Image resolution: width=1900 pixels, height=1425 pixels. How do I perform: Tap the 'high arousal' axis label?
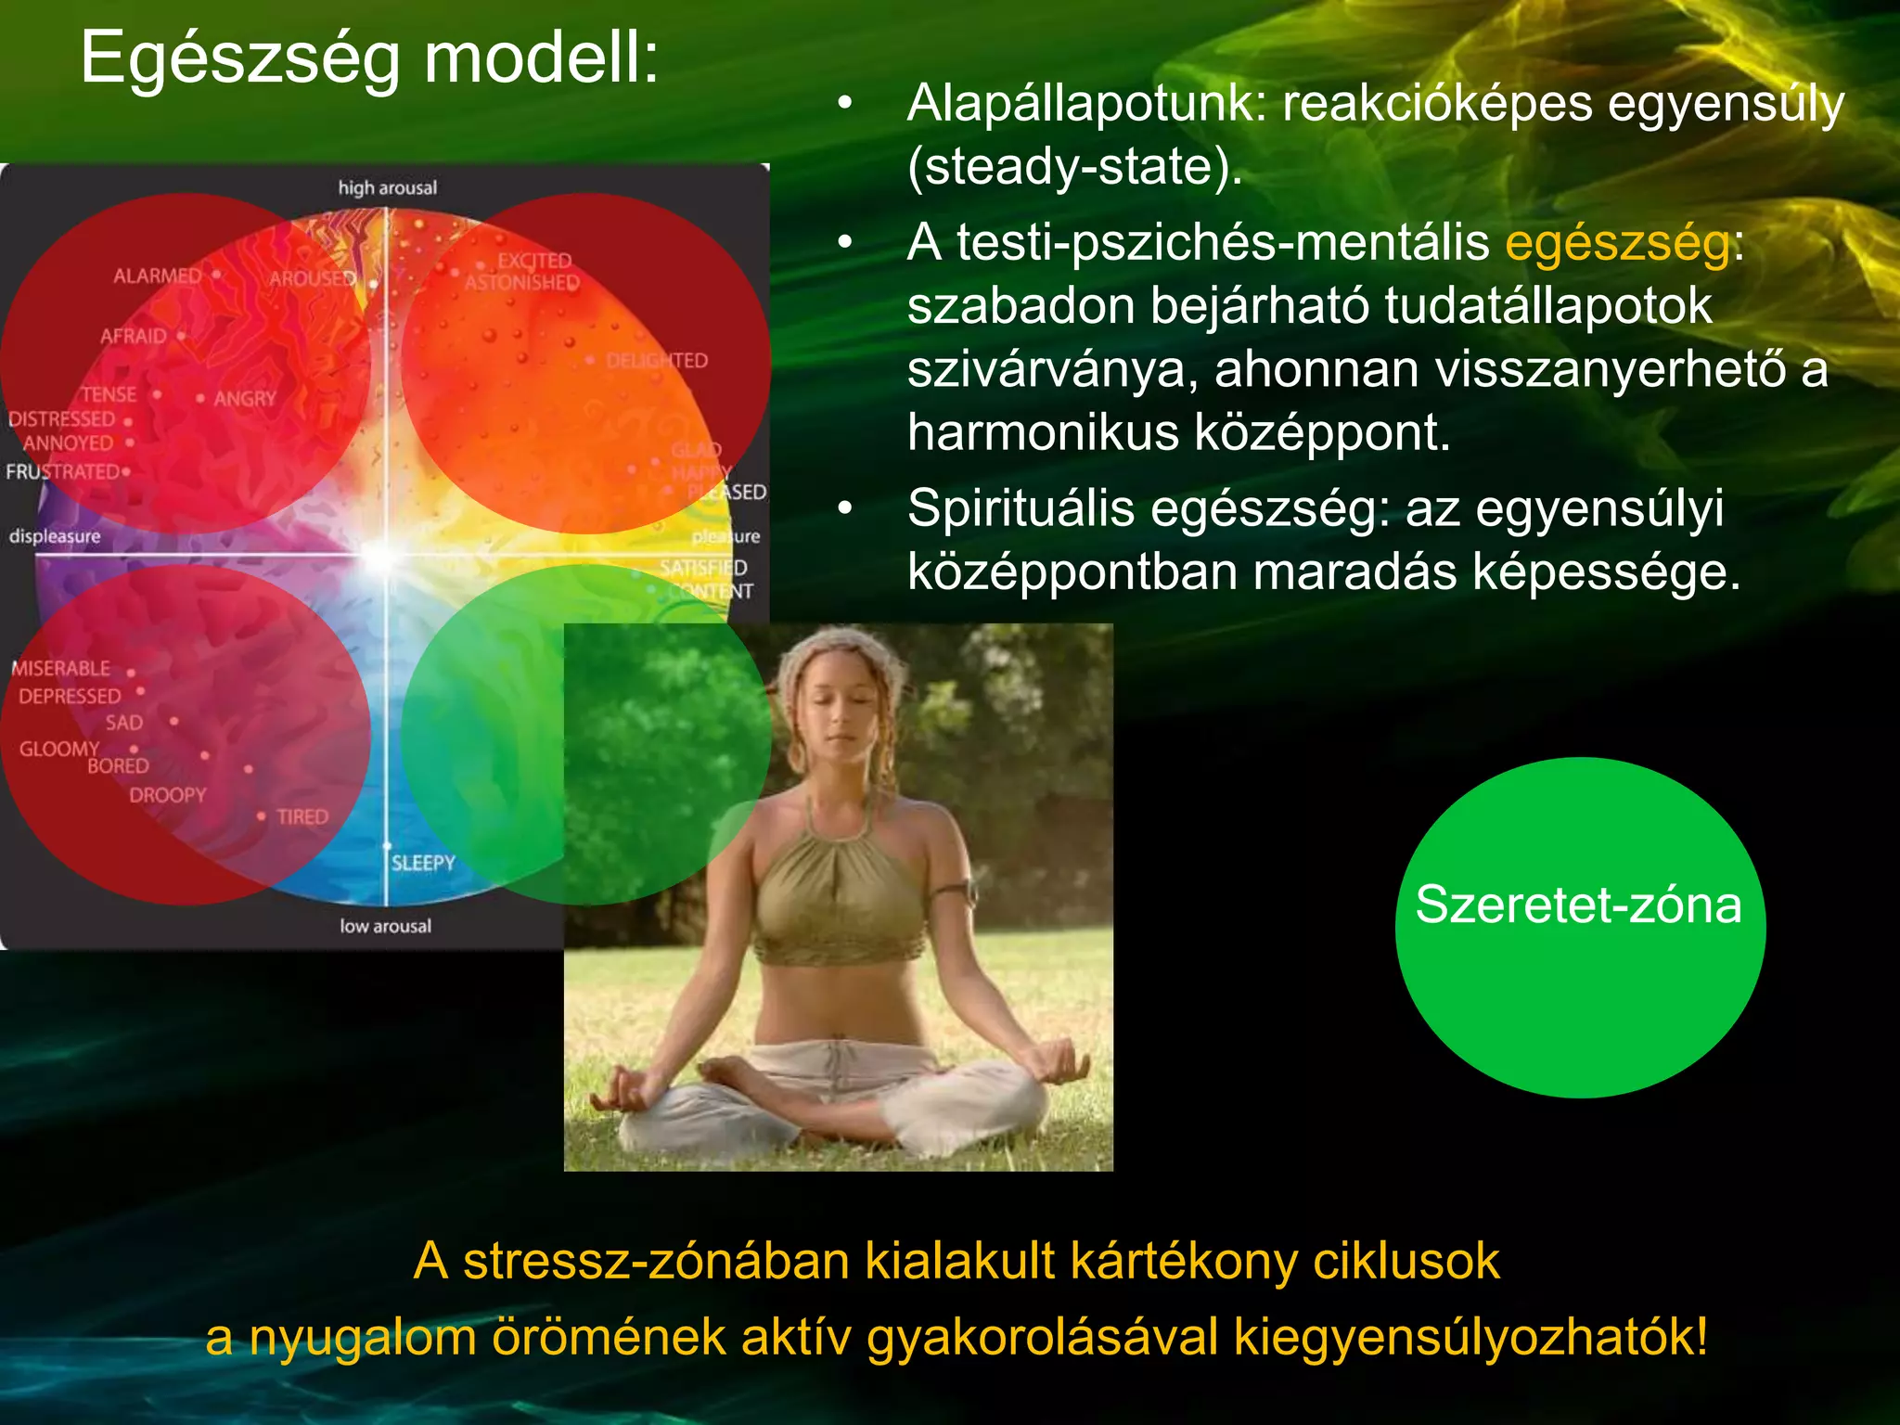click(387, 188)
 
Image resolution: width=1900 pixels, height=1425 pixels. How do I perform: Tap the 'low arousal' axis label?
click(385, 926)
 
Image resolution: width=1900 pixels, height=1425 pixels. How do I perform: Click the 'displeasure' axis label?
click(55, 536)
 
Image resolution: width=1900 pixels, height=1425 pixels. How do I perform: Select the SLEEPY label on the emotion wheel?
click(423, 863)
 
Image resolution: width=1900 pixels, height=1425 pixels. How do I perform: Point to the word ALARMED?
click(157, 276)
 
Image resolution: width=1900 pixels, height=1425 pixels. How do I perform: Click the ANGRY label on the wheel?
click(245, 399)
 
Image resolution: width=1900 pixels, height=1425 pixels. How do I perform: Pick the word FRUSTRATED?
click(62, 472)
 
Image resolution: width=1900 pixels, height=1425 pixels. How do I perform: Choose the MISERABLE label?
click(61, 668)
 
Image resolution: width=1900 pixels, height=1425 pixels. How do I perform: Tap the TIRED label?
click(302, 817)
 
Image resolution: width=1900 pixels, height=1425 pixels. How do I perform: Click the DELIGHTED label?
click(656, 361)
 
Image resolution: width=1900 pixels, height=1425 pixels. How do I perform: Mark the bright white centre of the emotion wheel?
click(382, 556)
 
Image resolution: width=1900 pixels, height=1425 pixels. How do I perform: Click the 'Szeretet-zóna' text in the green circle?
click(1578, 905)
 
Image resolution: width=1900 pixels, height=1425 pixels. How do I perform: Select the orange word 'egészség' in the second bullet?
click(1617, 243)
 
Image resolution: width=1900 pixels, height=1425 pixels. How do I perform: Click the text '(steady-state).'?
click(1074, 167)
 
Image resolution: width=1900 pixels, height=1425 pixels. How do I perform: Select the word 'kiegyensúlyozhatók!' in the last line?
click(1470, 1337)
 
